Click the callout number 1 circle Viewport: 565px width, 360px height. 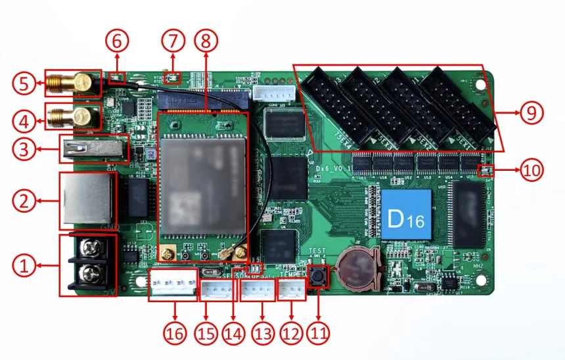point(24,267)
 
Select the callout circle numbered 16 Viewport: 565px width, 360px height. point(175,333)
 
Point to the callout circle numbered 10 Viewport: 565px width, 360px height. point(531,171)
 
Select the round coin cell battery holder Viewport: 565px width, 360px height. point(355,269)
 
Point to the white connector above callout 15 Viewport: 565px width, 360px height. point(214,290)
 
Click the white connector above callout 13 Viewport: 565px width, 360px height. point(255,290)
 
